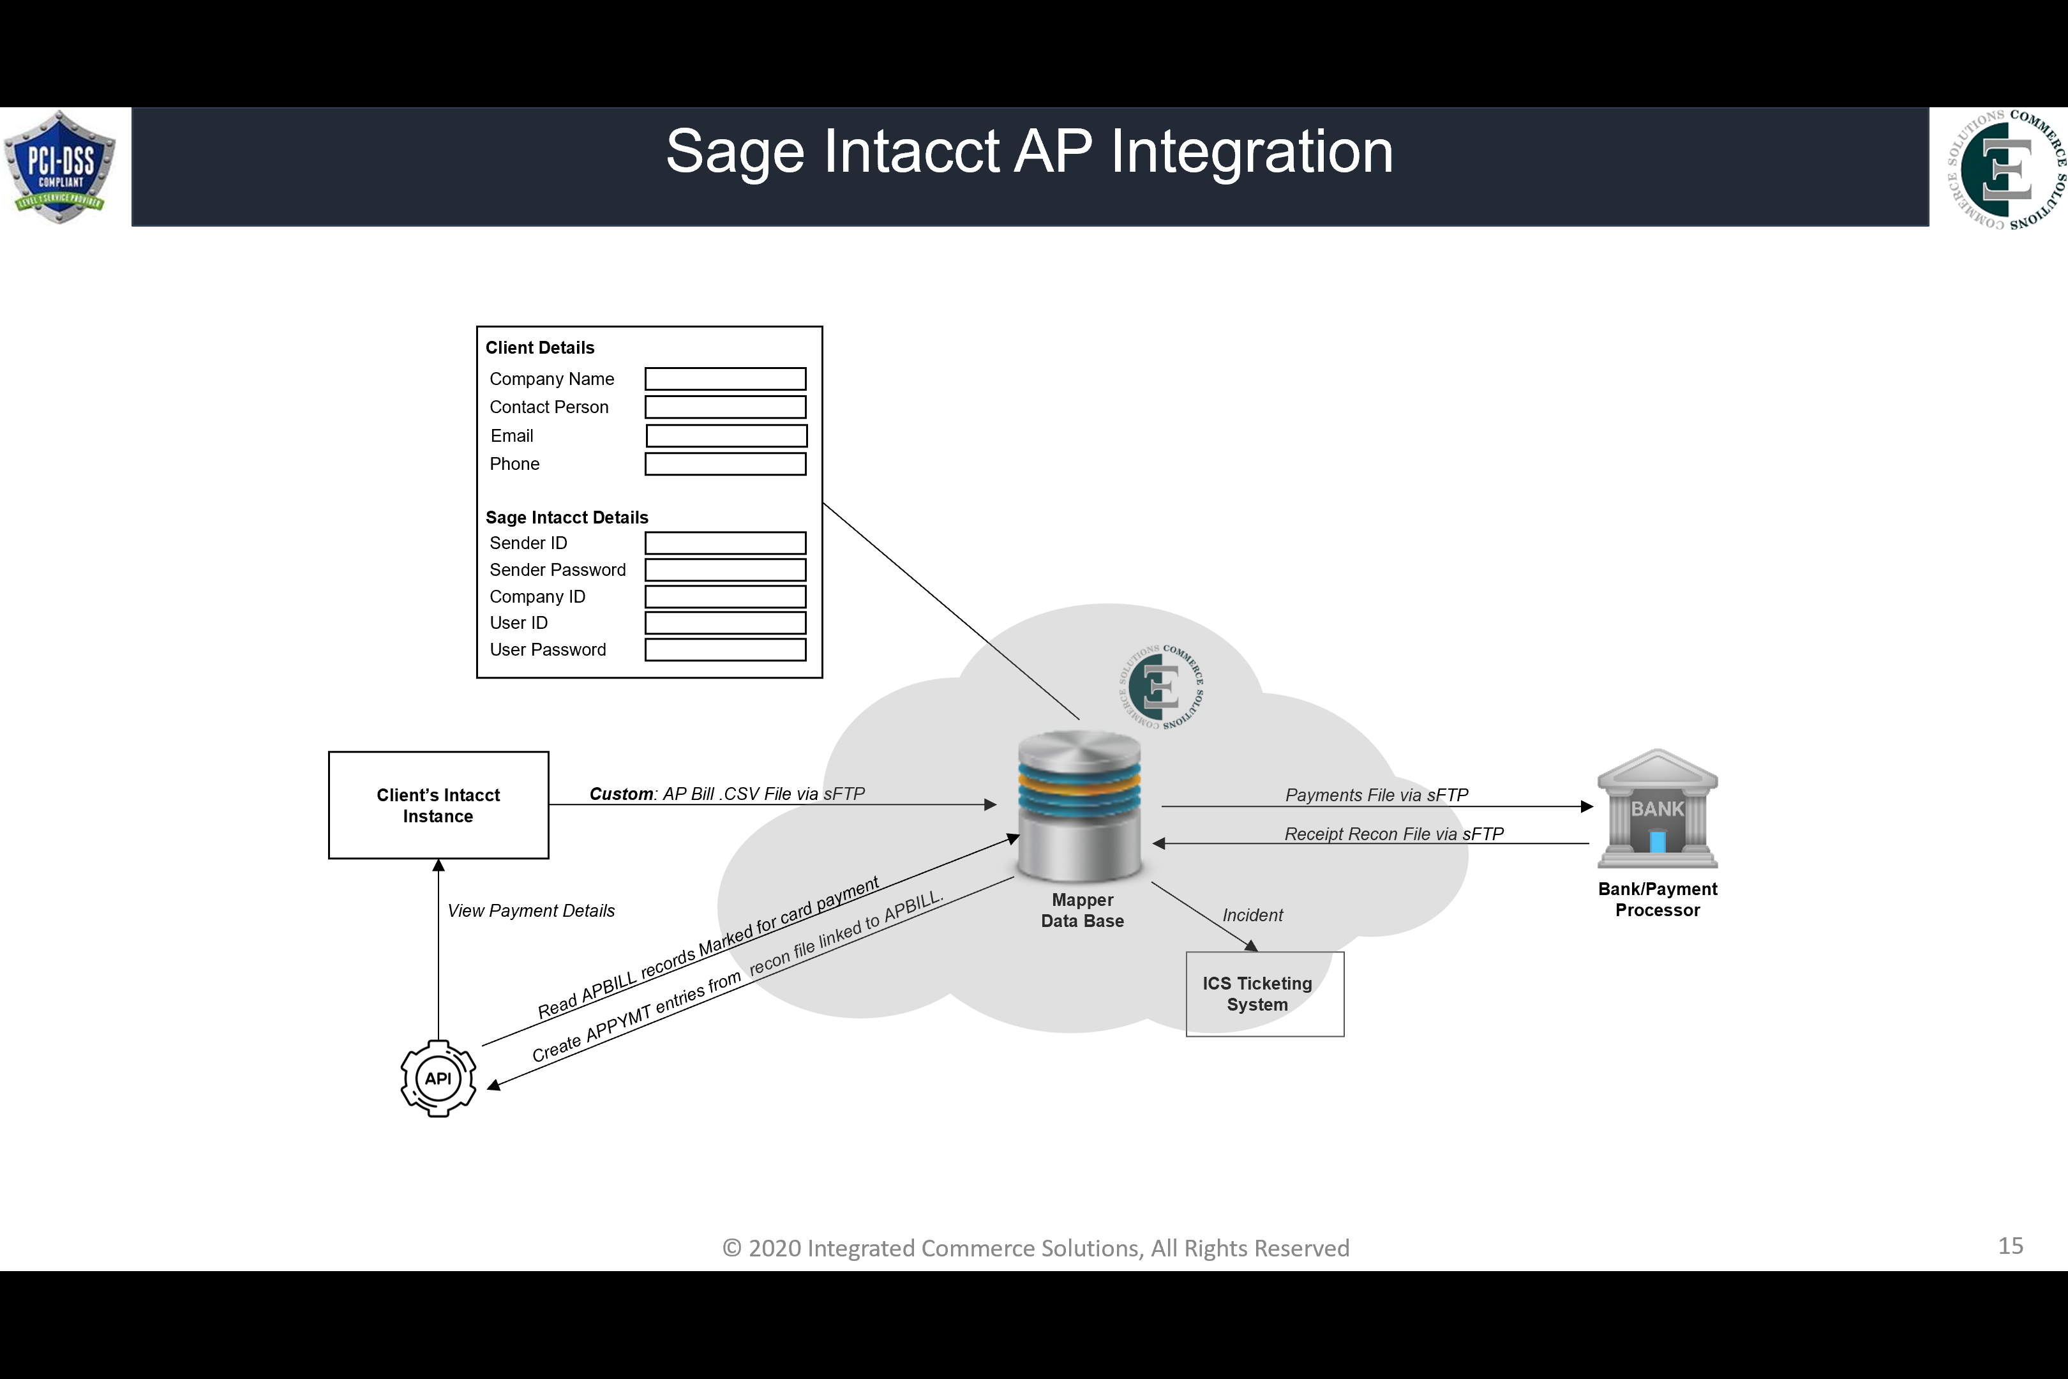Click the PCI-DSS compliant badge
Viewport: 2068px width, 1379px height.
[60, 166]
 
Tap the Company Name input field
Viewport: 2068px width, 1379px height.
[724, 379]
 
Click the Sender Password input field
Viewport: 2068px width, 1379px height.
[724, 570]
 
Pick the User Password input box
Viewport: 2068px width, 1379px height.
[724, 650]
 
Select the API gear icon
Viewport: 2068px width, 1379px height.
[438, 1078]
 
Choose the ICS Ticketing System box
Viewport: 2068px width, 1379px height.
[1264, 994]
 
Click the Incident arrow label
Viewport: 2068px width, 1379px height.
[1252, 916]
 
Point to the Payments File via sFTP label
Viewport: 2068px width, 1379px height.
[1376, 795]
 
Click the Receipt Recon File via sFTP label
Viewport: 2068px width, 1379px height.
[1393, 834]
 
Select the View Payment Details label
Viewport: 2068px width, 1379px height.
[530, 911]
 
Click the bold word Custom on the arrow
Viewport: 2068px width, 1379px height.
[621, 794]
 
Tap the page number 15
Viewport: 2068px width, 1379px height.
[2010, 1246]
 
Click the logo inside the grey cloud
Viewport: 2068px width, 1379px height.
[1160, 687]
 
